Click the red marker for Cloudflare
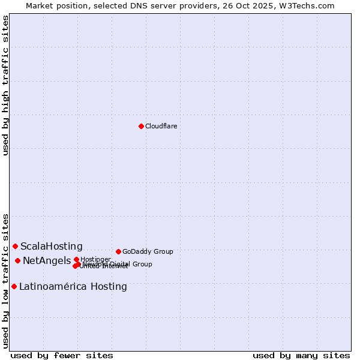(141, 126)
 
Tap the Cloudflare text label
(161, 126)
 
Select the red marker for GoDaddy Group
(118, 251)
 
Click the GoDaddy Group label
(148, 251)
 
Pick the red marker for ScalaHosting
(15, 246)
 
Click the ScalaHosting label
(52, 246)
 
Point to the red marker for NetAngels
(17, 260)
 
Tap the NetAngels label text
(47, 260)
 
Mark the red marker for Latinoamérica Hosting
(14, 286)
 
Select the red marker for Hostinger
(76, 259)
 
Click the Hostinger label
(96, 259)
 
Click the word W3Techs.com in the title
(309, 5)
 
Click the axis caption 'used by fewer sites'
(62, 355)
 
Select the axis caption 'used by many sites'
(301, 355)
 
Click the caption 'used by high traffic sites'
(6, 86)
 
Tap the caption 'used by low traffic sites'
(6, 280)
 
